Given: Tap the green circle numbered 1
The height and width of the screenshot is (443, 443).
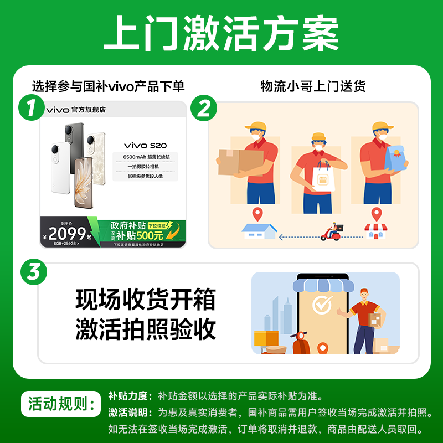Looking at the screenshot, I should tap(31, 107).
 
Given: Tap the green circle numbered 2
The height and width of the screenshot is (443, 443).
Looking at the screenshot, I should tap(204, 107).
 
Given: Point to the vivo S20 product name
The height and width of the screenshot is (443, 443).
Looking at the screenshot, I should tap(145, 145).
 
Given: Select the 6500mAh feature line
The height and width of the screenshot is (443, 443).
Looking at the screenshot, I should tap(145, 158).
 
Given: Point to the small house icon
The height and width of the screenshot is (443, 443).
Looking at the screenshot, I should tap(259, 230).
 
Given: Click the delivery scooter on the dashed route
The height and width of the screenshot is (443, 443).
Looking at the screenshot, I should tap(333, 232).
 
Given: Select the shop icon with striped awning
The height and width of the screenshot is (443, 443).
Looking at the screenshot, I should tap(377, 231).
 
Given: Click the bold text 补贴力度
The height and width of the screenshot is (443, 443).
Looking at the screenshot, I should tap(129, 396).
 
